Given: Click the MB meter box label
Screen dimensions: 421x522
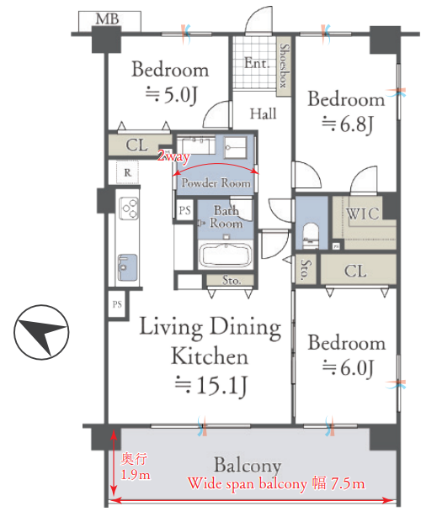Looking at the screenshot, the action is pyautogui.click(x=108, y=19).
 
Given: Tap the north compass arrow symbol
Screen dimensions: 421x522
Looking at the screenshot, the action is pyautogui.click(x=41, y=332).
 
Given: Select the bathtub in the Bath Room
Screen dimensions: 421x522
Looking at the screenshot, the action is pyautogui.click(x=225, y=255).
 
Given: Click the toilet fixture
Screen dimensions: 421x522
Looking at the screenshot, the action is pyautogui.click(x=311, y=235).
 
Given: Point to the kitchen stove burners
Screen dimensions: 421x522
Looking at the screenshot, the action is pyautogui.click(x=130, y=208).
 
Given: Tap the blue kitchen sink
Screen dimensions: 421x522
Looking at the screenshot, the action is pyautogui.click(x=127, y=267).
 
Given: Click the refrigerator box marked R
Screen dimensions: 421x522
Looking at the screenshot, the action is pyautogui.click(x=127, y=172).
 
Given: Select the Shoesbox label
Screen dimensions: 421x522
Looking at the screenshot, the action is pyautogui.click(x=284, y=66).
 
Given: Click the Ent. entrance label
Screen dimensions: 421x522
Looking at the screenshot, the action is pyautogui.click(x=257, y=63).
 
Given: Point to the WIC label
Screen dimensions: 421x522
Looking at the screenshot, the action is pyautogui.click(x=363, y=214).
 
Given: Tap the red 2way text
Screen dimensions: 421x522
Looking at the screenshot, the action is pyautogui.click(x=173, y=156).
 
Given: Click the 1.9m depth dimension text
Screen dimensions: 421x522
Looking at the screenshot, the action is pyautogui.click(x=135, y=474).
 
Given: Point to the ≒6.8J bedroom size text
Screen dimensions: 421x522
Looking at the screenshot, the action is pyautogui.click(x=347, y=124).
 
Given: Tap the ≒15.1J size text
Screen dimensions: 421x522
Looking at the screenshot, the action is pyautogui.click(x=211, y=386).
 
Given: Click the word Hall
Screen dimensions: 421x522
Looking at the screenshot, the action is pyautogui.click(x=264, y=113).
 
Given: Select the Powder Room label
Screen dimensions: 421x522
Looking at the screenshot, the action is pyautogui.click(x=216, y=182).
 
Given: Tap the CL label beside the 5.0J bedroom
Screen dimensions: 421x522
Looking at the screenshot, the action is pyautogui.click(x=136, y=145).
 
